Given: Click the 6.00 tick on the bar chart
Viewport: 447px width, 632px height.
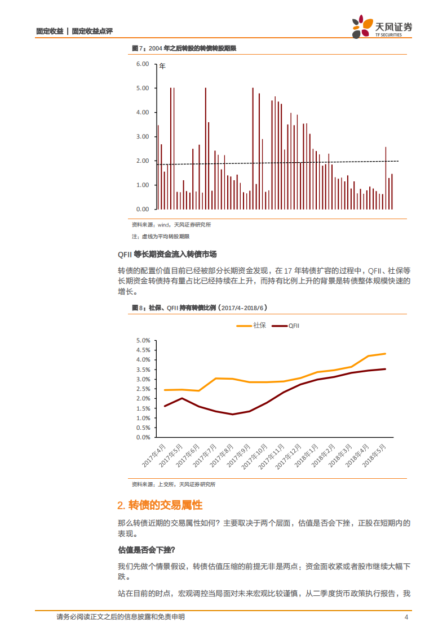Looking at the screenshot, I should (141, 64).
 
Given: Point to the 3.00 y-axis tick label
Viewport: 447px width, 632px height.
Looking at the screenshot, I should (141, 137).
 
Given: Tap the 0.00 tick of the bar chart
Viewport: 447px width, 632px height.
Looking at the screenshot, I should (141, 209).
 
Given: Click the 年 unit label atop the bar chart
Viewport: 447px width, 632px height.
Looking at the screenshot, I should (162, 66).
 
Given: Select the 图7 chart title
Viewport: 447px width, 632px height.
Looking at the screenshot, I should (183, 48).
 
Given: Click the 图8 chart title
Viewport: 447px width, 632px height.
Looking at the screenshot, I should (198, 308).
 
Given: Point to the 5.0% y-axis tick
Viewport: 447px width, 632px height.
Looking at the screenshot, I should (143, 341).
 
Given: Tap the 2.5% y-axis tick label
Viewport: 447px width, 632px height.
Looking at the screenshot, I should (143, 389).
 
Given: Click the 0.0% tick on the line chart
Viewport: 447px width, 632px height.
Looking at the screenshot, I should (143, 437).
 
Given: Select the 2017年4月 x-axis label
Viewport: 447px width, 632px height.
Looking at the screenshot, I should (154, 455).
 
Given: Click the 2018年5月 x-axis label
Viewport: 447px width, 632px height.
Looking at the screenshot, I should (374, 455).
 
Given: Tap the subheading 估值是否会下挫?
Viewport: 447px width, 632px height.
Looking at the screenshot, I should (147, 550).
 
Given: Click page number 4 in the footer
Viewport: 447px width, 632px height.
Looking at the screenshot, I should (406, 617).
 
